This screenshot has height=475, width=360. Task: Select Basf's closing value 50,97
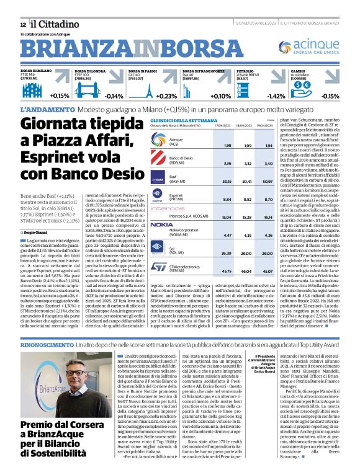(268, 182)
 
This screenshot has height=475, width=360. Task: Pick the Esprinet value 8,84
(227, 200)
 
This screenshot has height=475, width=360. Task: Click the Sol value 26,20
(227, 253)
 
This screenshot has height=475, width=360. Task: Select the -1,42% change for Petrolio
(276, 96)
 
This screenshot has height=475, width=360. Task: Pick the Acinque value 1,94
(268, 145)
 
